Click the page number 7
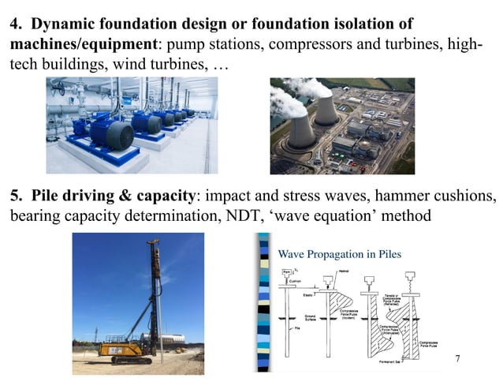(457, 359)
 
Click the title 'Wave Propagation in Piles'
(340, 254)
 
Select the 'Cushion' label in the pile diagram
(296, 282)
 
